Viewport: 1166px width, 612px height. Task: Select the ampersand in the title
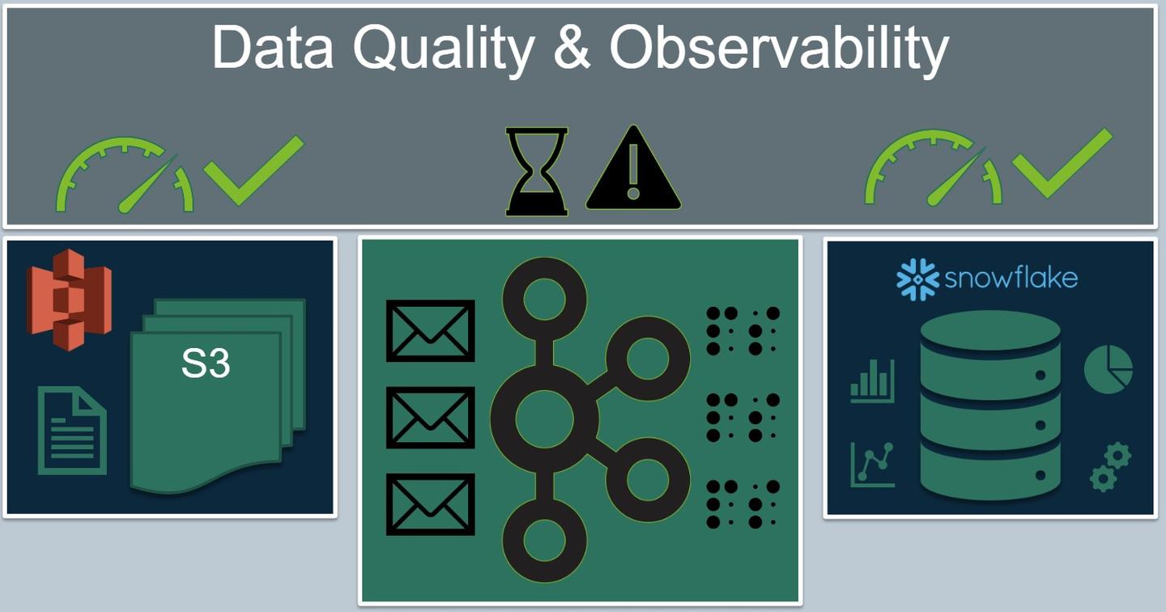[572, 47]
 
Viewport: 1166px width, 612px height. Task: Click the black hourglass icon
[537, 172]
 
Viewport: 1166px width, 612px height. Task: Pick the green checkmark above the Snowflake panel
[1062, 164]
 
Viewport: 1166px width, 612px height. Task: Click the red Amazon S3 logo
[70, 300]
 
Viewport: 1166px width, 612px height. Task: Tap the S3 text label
[206, 363]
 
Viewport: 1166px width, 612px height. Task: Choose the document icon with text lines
[72, 431]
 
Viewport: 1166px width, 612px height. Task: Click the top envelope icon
[431, 331]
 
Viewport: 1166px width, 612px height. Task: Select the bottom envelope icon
[431, 504]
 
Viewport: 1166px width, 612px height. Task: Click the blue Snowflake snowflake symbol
[917, 279]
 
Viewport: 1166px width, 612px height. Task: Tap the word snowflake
[1011, 278]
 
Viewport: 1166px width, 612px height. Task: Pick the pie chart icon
[1109, 369]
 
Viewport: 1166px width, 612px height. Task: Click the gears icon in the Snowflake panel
[1110, 466]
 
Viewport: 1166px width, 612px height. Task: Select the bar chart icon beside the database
[872, 381]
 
